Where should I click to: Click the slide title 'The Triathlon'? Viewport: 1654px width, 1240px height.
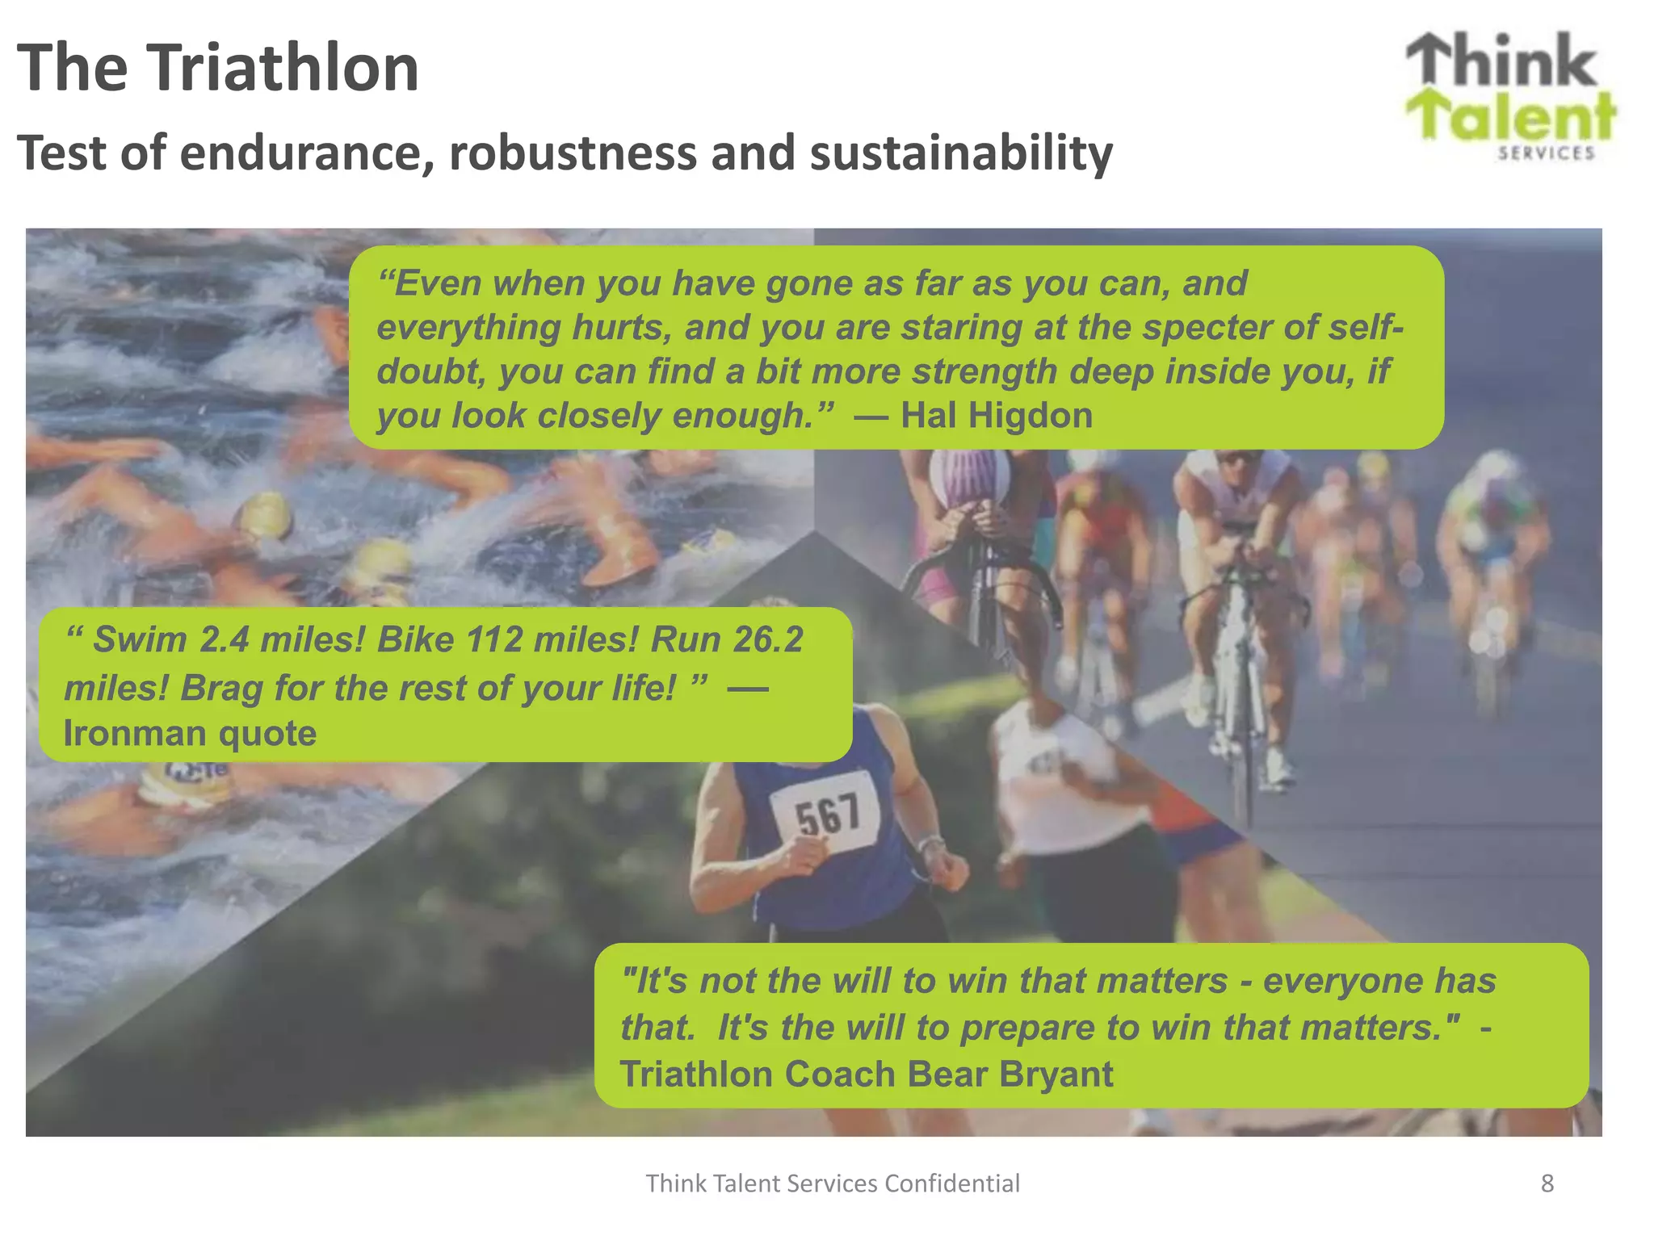[218, 68]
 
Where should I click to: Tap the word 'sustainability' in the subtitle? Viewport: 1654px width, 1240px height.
[961, 153]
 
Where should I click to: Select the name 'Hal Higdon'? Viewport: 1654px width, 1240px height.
[997, 416]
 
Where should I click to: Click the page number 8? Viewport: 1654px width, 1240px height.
[1547, 1183]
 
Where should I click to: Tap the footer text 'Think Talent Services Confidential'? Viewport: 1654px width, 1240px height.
[833, 1183]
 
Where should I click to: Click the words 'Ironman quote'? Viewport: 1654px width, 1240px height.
[190, 734]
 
